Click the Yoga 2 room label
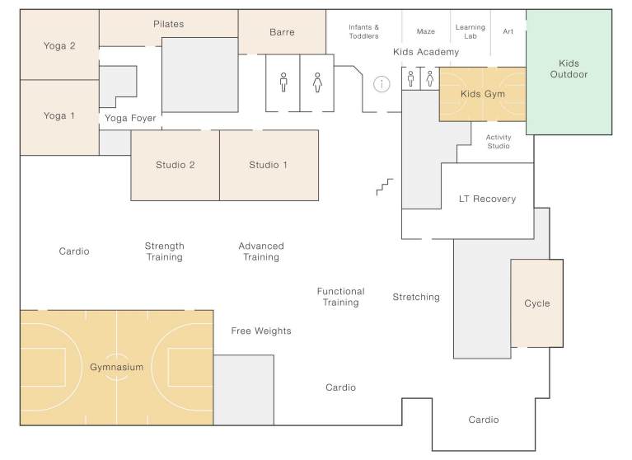point(59,45)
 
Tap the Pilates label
point(168,24)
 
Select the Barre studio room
point(282,32)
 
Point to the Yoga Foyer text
point(130,118)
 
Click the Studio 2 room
point(176,165)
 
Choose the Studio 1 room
point(269,165)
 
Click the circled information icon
point(382,83)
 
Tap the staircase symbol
point(385,186)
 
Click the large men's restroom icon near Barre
point(283,82)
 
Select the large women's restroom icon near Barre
point(317,82)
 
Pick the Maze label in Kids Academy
point(425,31)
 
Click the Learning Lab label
point(470,31)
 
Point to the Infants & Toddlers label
point(363,31)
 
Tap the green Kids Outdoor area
point(569,70)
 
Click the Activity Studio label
point(498,142)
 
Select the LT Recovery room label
point(487,199)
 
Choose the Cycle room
point(536,303)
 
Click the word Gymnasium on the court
point(116,368)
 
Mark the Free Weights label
point(260,331)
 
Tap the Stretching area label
point(415,297)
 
